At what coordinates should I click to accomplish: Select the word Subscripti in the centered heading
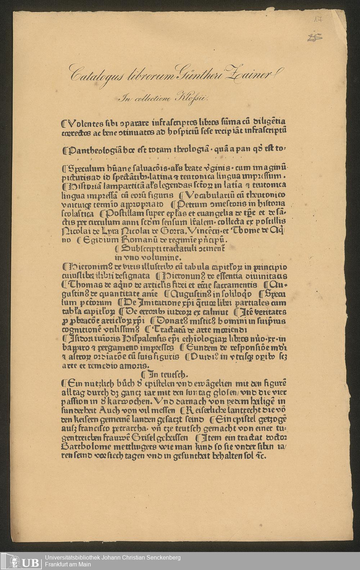(x=135, y=249)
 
